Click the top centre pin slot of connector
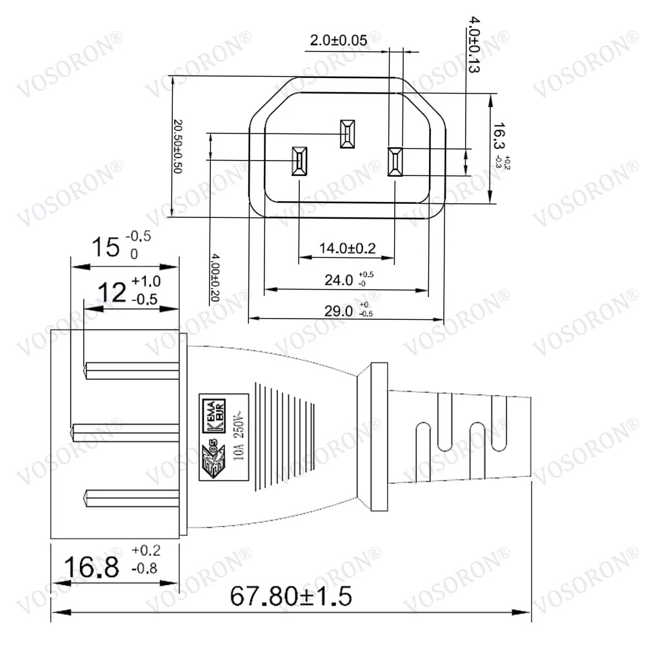point(347,133)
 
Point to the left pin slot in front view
point(301,160)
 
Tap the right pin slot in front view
point(395,161)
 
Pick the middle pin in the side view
point(126,429)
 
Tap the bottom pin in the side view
point(132,497)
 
